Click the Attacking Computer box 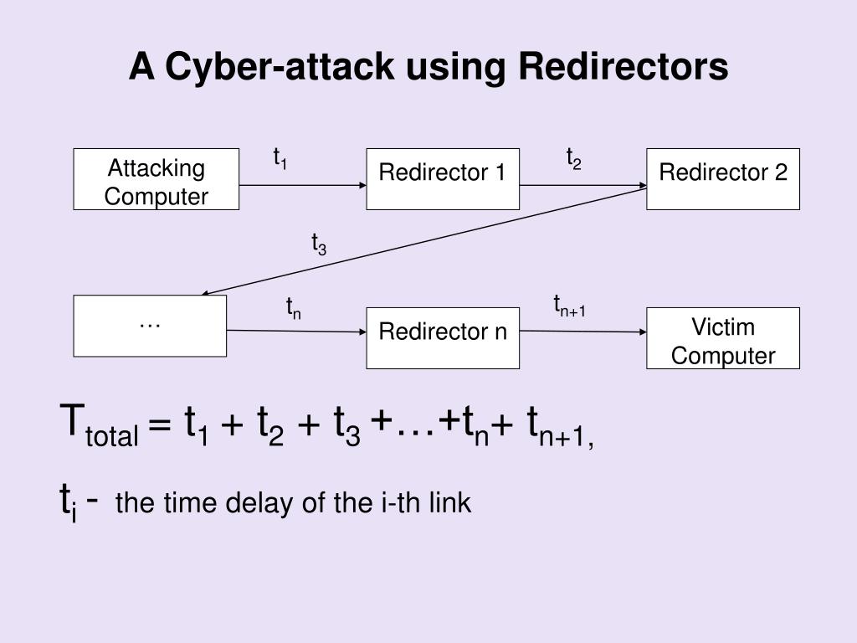point(157,179)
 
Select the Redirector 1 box point(443,179)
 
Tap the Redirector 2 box point(723,179)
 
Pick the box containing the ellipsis point(150,326)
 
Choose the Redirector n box point(443,338)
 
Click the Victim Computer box point(723,338)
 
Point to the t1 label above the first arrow point(280,158)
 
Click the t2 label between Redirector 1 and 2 point(574,158)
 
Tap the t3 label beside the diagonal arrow point(319,244)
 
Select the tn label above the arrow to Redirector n point(294,308)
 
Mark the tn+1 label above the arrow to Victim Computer point(569,306)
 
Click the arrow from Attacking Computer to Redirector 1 point(303,185)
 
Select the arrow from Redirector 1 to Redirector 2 point(583,185)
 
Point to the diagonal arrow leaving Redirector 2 point(424,241)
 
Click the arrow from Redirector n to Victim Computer point(583,332)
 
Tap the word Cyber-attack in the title point(280,67)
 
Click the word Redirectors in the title point(623,66)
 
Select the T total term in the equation point(99,425)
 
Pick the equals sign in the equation point(160,424)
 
